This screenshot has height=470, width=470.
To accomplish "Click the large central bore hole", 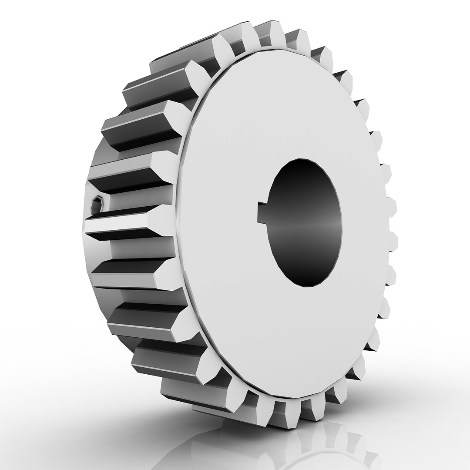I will click(305, 222).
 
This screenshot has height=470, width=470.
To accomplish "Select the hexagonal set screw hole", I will click(97, 204).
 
